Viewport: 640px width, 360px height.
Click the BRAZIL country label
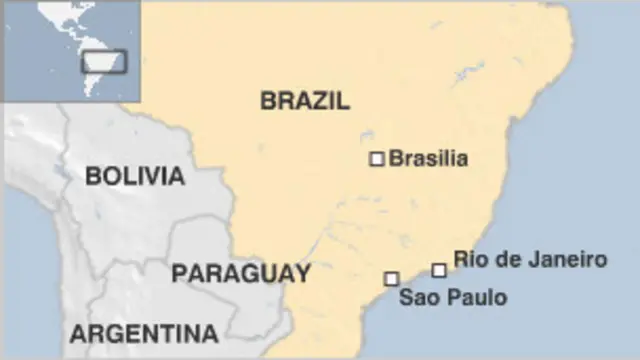[305, 100]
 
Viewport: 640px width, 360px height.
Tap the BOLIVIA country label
[135, 177]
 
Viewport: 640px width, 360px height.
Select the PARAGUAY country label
[240, 273]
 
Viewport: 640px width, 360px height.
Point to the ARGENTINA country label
[144, 333]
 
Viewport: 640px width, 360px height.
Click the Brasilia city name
[428, 158]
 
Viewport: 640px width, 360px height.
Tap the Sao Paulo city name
[453, 297]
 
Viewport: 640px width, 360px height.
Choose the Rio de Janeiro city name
[530, 260]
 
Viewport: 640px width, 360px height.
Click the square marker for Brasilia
[377, 158]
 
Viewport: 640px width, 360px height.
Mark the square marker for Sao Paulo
[391, 279]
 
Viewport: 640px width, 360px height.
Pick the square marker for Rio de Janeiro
[439, 270]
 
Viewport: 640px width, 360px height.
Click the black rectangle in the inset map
[104, 61]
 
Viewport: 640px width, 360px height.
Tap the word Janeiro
[572, 260]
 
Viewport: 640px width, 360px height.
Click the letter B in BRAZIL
[268, 100]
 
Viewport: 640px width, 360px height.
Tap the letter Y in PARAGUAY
[301, 273]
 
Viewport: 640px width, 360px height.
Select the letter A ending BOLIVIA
[176, 177]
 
